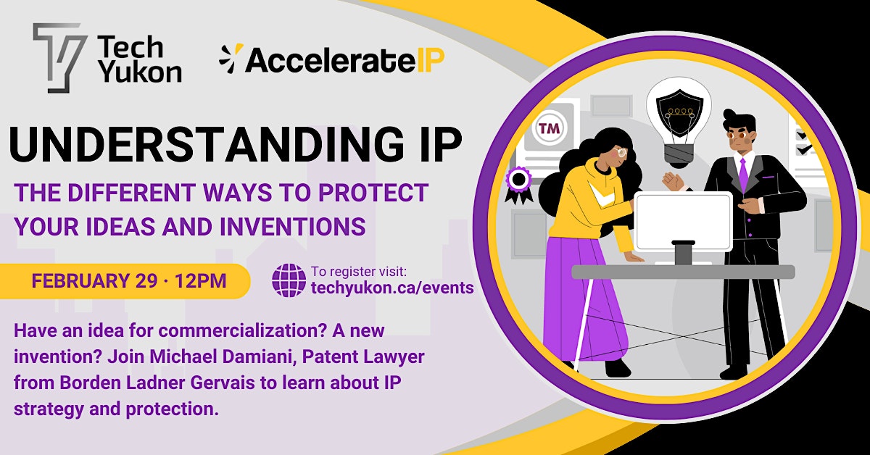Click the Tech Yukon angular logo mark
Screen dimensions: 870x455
[59, 57]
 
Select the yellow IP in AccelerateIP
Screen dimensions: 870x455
[431, 60]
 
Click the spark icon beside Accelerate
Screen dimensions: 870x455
[231, 58]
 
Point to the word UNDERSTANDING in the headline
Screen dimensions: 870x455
[207, 144]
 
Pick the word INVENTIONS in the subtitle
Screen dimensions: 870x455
[293, 227]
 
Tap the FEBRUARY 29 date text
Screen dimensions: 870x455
[94, 280]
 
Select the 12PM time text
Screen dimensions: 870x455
[200, 280]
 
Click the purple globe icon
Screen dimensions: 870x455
[289, 280]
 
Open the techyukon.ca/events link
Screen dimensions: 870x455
[392, 288]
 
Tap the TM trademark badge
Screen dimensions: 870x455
[549, 128]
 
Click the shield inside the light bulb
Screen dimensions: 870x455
[679, 112]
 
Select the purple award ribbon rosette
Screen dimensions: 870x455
[518, 185]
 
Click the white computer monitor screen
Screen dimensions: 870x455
[683, 222]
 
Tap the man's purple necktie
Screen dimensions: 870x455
[743, 174]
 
